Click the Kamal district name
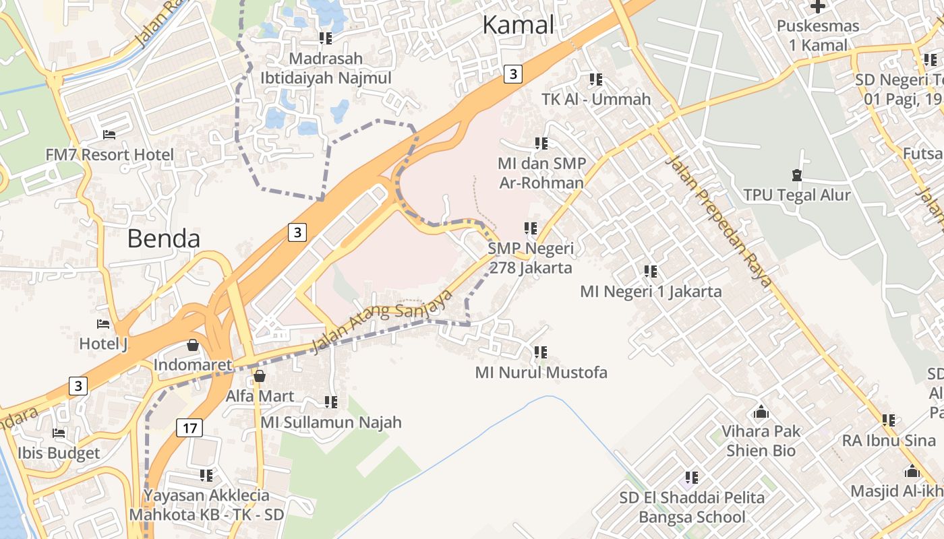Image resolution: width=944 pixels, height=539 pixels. pyautogui.click(x=518, y=25)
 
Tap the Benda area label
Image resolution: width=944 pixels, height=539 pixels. pyautogui.click(x=164, y=239)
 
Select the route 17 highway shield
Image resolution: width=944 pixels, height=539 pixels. pyautogui.click(x=189, y=427)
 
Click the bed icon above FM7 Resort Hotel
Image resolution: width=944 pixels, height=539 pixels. pyautogui.click(x=109, y=135)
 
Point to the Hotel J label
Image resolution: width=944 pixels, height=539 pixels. pyautogui.click(x=103, y=344)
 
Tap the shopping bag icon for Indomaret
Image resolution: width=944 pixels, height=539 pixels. pyautogui.click(x=193, y=346)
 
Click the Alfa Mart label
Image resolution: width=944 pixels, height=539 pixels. pyautogui.click(x=260, y=395)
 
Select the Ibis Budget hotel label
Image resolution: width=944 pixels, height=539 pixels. pyautogui.click(x=59, y=453)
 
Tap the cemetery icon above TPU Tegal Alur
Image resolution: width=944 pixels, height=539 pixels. pyautogui.click(x=797, y=175)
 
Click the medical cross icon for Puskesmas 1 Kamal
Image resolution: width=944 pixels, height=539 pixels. pyautogui.click(x=818, y=7)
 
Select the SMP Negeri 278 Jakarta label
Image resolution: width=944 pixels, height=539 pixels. pyautogui.click(x=531, y=258)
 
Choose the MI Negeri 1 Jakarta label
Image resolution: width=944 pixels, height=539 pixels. pyautogui.click(x=651, y=291)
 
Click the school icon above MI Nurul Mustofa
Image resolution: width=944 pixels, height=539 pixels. pyautogui.click(x=541, y=352)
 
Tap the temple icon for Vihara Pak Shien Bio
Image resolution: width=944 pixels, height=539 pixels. pyautogui.click(x=761, y=411)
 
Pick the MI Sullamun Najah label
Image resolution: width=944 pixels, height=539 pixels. pyautogui.click(x=331, y=422)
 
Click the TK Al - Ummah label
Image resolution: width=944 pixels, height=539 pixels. pyautogui.click(x=596, y=99)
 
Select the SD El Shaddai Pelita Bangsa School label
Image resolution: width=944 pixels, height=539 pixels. pyautogui.click(x=692, y=507)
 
